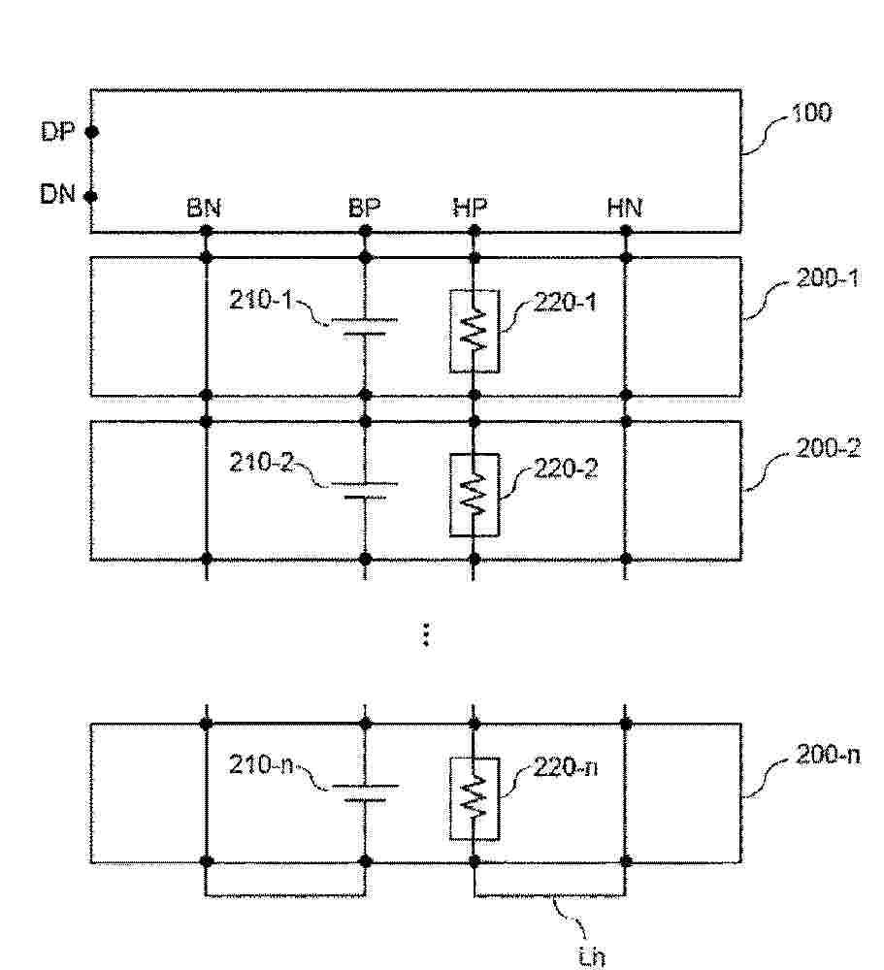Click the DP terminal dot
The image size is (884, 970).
coord(91,132)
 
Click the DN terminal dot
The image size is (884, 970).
coord(91,197)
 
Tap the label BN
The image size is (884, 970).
coord(204,209)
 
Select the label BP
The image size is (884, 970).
coord(364,208)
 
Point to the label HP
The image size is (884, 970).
coord(470,208)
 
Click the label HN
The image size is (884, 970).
coord(625,208)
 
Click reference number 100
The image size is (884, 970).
coord(811,113)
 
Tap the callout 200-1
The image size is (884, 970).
coord(828,278)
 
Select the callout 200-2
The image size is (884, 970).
coord(828,448)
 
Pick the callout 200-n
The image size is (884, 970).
coord(828,755)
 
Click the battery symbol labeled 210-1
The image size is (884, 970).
coord(365,327)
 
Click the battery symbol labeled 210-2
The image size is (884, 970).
coord(365,490)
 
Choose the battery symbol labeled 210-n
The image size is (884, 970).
coord(365,793)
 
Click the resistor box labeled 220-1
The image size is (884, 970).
coord(475,331)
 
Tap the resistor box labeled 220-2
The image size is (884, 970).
coord(475,495)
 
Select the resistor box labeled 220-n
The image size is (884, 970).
coord(475,798)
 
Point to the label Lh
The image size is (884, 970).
coord(591,956)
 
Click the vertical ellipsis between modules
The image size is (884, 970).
coord(425,634)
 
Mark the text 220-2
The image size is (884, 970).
coord(566,469)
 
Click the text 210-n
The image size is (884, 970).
coord(261,765)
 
